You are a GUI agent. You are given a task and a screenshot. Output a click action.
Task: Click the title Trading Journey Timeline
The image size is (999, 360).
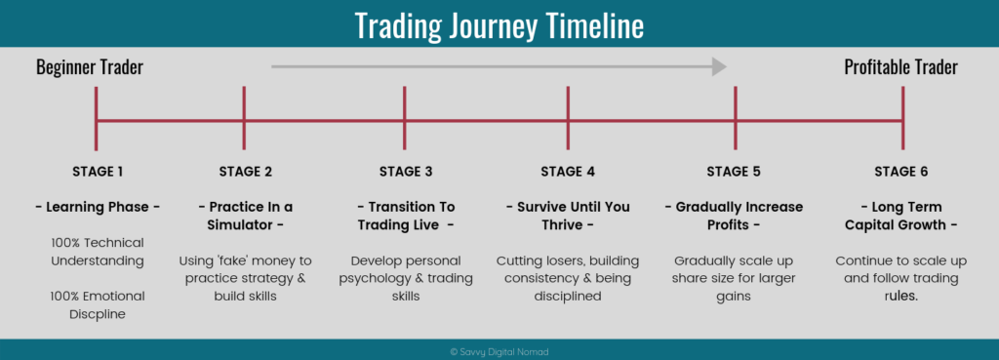coord(499,24)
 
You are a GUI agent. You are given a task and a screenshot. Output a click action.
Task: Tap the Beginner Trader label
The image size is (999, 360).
coord(90,67)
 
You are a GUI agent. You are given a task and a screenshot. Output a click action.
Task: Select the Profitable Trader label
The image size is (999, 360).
coord(900,67)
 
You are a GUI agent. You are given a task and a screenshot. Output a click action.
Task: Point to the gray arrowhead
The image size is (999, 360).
coord(719,66)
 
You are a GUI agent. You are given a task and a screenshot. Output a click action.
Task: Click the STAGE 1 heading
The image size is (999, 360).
coord(98,172)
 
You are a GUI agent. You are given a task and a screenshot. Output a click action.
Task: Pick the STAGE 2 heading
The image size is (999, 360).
coord(245,172)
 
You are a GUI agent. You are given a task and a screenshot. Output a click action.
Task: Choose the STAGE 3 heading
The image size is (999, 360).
coord(406,172)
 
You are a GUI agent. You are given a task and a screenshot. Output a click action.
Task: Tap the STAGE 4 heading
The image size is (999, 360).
coord(568,172)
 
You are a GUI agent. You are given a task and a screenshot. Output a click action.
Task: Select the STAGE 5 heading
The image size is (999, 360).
coord(734,172)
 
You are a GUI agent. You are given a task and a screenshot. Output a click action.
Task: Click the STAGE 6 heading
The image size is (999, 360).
coord(900,172)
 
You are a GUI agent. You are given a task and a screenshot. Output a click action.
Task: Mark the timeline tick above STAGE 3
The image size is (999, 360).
coord(405,118)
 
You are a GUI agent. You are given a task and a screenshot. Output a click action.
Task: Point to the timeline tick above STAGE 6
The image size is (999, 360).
coord(902,118)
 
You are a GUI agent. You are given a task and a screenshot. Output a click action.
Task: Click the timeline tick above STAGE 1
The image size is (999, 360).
coord(96,118)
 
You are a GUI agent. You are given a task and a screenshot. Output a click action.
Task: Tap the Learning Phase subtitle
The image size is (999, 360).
coord(98,207)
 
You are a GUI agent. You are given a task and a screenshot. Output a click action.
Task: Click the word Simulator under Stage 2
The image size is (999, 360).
coord(238,225)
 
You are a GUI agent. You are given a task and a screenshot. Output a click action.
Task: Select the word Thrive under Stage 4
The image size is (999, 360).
coord(563,225)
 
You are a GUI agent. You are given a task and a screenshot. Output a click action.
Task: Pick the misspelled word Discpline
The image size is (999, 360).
coord(98,314)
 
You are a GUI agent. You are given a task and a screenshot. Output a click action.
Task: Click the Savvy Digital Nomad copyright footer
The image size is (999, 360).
coord(499,352)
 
